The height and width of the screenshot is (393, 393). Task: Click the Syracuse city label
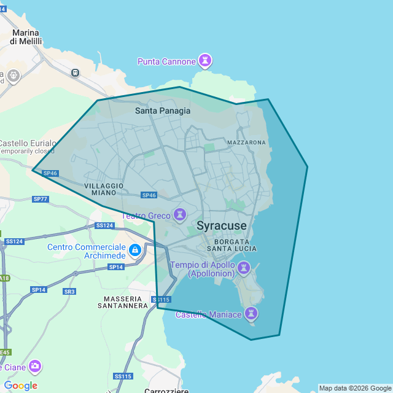222,226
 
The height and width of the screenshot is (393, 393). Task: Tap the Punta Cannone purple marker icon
205,61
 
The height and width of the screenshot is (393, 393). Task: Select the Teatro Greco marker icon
180,215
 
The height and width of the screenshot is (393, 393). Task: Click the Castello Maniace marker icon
251,314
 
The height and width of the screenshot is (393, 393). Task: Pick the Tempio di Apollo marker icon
244,268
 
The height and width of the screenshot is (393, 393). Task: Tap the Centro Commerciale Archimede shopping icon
135,251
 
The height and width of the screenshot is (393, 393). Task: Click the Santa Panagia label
163,111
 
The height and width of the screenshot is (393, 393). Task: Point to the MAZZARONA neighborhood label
246,142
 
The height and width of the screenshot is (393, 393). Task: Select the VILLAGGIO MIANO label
104,189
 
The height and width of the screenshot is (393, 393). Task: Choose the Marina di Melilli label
26,37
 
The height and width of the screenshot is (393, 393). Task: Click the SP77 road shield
41,199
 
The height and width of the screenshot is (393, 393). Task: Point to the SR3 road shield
69,292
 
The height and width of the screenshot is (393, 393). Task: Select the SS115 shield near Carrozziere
123,376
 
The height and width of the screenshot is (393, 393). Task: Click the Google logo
20,386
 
